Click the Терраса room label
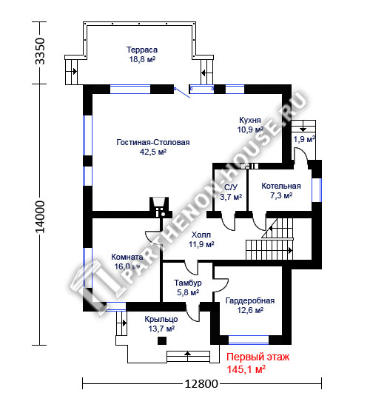click(x=142, y=50)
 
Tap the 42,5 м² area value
click(x=153, y=152)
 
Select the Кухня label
click(x=250, y=120)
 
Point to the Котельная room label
click(x=281, y=186)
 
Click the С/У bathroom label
click(x=231, y=187)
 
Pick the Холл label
click(x=201, y=235)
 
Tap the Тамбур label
click(x=188, y=283)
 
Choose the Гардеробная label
click(x=250, y=300)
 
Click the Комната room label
click(x=127, y=257)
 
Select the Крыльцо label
click(x=161, y=319)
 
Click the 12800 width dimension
click(x=201, y=383)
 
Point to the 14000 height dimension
click(x=40, y=217)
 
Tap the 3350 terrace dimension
click(x=40, y=51)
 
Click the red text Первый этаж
click(x=258, y=357)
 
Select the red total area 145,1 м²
click(x=246, y=369)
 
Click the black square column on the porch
click(x=162, y=340)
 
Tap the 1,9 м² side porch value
click(x=304, y=139)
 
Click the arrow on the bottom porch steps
click(x=187, y=353)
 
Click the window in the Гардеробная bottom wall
click(x=249, y=340)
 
